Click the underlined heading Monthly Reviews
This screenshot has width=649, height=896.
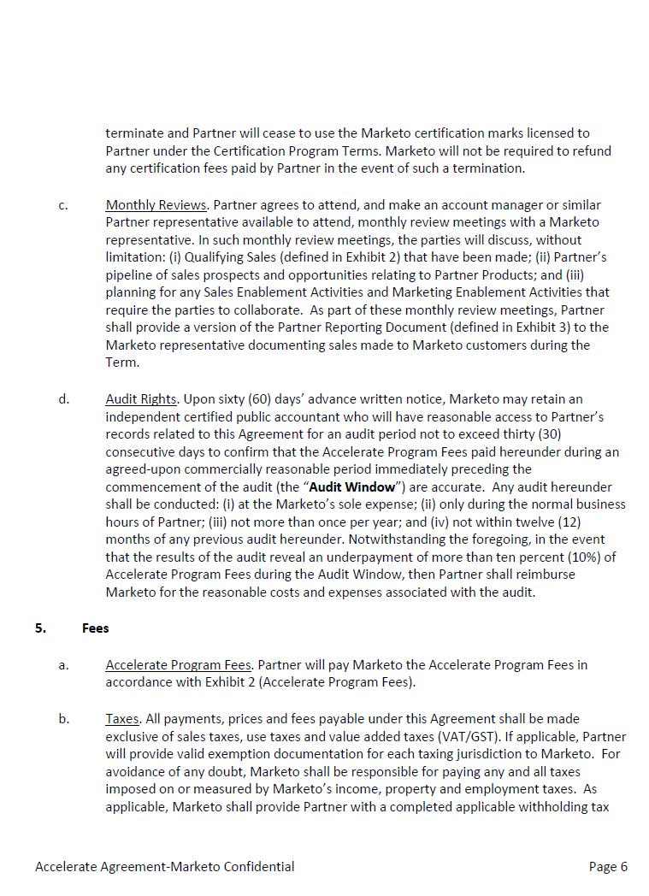point(156,205)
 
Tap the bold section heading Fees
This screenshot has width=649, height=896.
point(96,628)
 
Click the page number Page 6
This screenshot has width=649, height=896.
point(608,867)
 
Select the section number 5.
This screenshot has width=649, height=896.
point(40,628)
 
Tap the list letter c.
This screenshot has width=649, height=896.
point(63,205)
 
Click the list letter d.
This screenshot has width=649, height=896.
point(64,399)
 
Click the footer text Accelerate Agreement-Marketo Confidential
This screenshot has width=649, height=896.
point(165,867)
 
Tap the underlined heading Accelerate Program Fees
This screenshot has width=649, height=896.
point(179,665)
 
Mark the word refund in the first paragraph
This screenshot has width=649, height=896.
point(592,151)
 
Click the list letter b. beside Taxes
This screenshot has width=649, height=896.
point(64,719)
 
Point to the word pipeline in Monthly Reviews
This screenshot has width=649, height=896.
point(129,275)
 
